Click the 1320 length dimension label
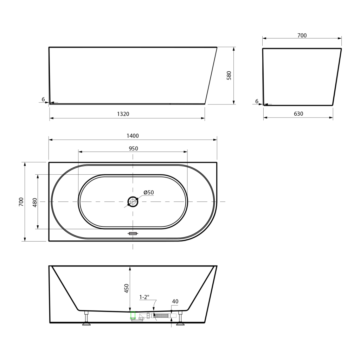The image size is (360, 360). [123, 114]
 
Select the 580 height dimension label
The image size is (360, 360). [229, 76]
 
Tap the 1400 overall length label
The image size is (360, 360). [133, 136]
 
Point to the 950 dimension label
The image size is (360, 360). [133, 148]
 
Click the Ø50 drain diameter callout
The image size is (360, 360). [149, 192]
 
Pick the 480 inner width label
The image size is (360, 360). [35, 202]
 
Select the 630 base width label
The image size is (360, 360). [298, 114]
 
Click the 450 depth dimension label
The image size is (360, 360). [127, 288]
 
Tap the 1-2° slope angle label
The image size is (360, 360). [144, 297]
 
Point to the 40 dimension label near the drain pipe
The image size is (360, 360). [175, 301]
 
